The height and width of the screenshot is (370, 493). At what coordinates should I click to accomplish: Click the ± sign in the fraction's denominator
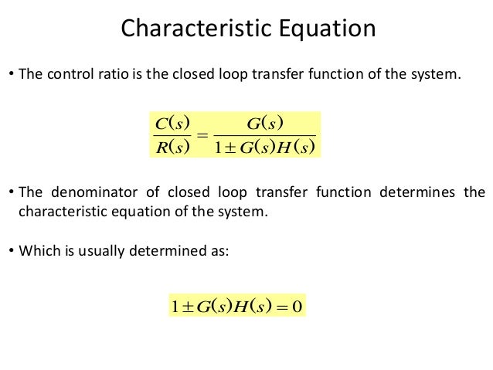tap(229, 146)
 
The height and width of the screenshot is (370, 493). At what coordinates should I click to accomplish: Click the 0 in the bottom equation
tap(296, 306)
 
